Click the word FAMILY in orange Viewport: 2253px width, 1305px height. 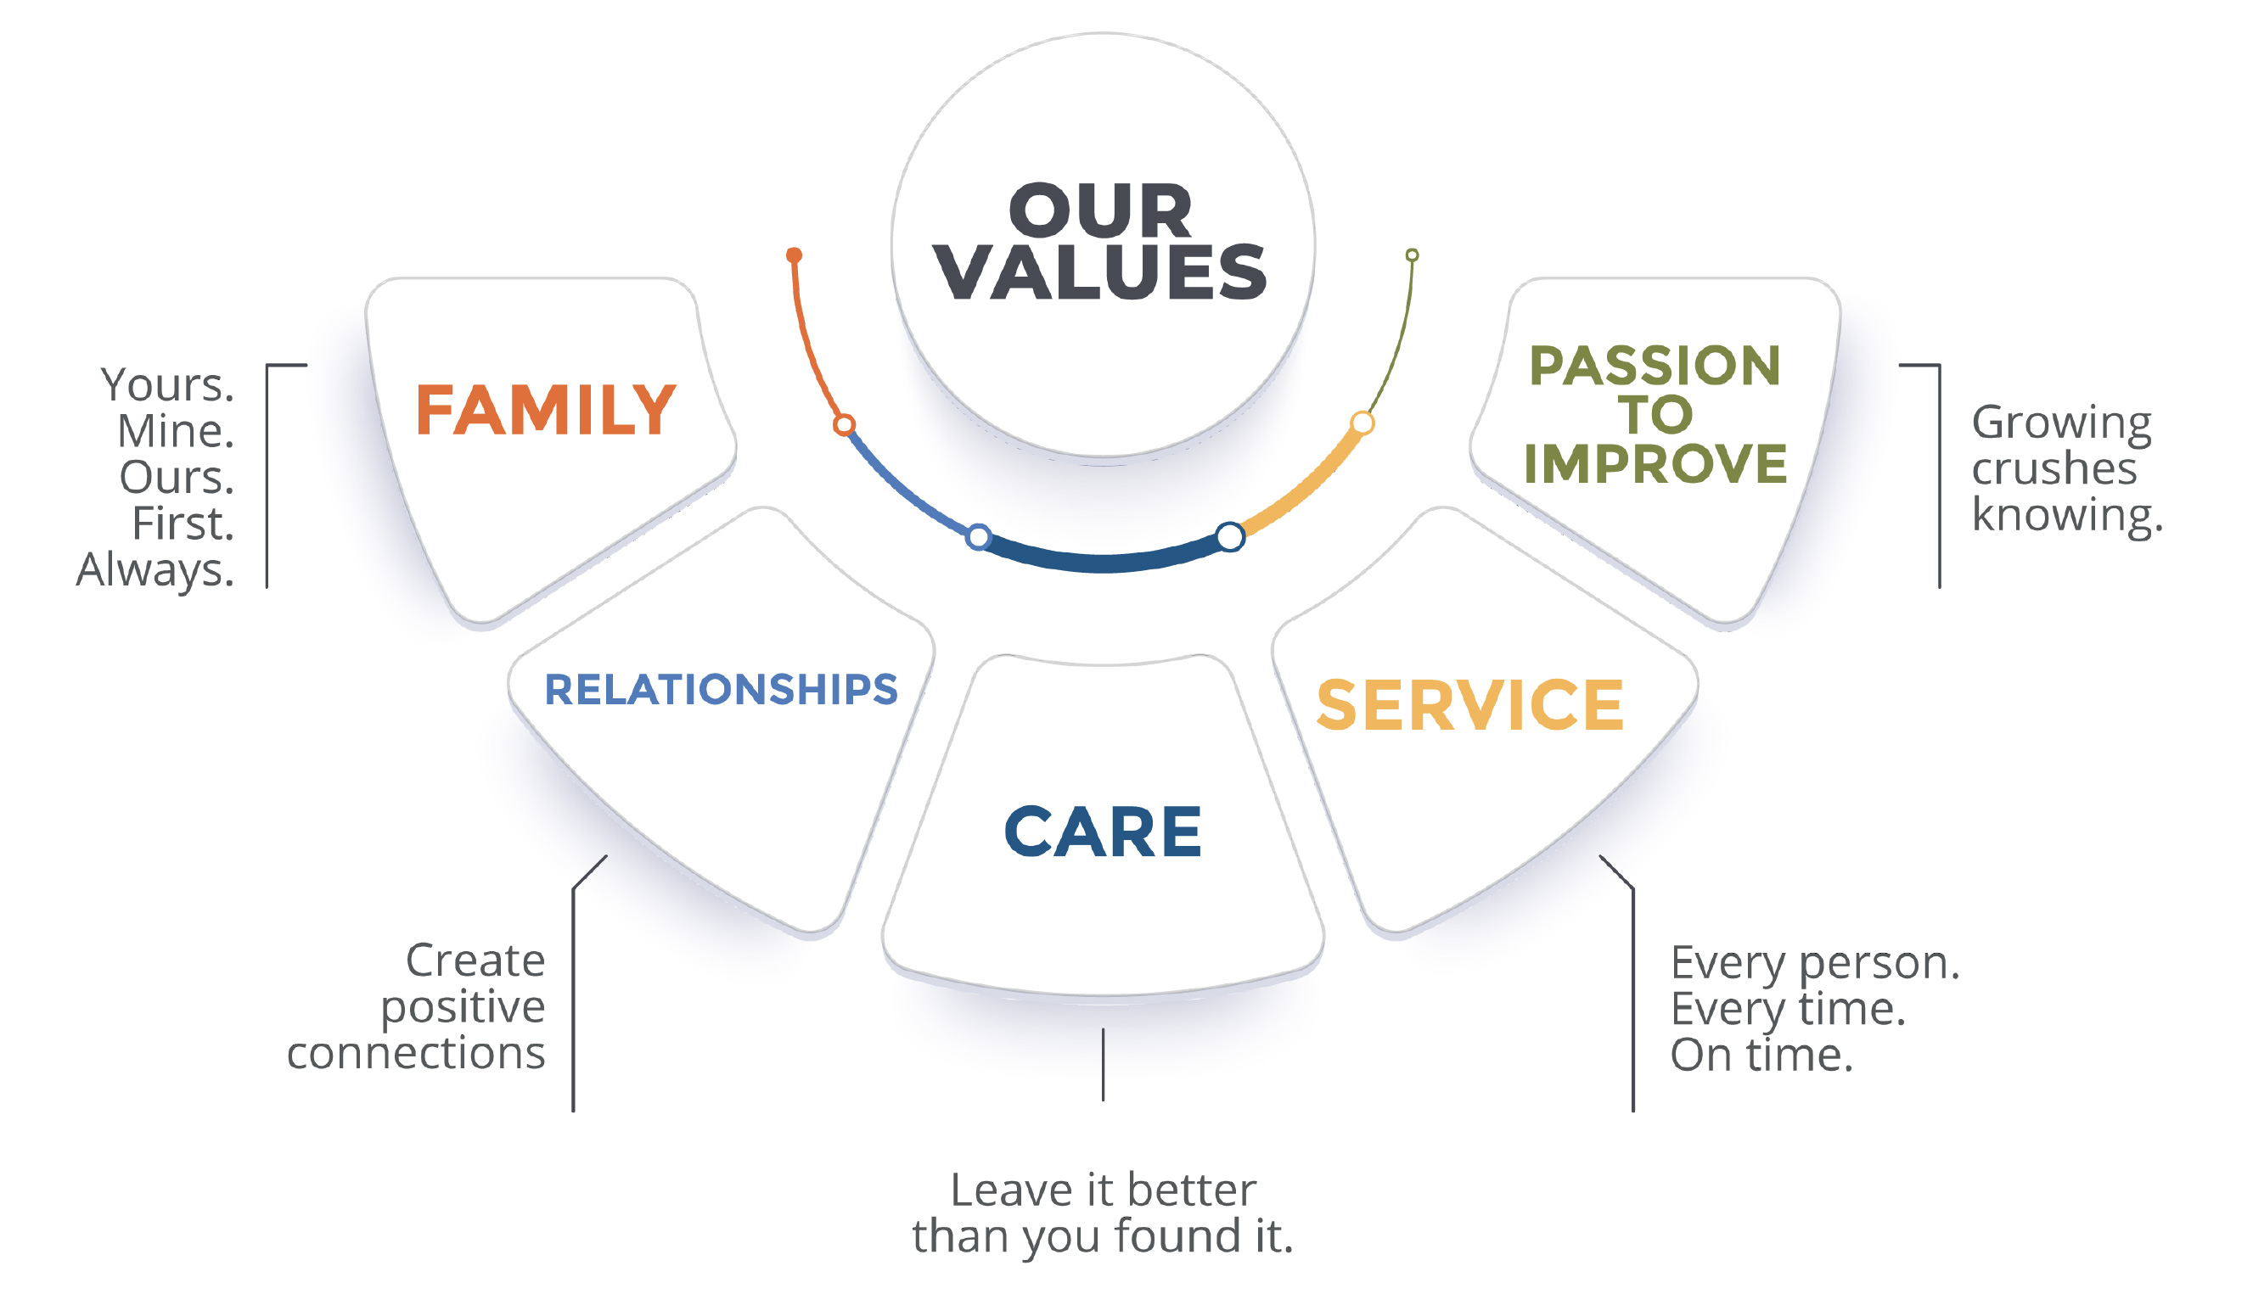(545, 411)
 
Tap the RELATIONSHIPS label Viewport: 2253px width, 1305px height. (721, 690)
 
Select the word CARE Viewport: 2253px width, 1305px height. (1103, 832)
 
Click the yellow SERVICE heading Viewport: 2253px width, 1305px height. (1469, 706)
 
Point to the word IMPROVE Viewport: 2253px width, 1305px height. (1655, 464)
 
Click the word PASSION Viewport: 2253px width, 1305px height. (1655, 366)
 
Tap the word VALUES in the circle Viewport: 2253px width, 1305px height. (1099, 272)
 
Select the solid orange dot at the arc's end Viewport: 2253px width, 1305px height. (794, 255)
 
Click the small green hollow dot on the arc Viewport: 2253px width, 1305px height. (1412, 255)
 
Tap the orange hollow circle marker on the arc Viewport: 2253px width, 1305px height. (844, 424)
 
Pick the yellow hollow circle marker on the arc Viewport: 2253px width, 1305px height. (1362, 423)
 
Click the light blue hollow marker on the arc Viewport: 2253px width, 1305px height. (979, 537)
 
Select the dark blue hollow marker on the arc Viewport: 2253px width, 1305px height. (1230, 536)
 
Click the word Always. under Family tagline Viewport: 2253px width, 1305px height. (155, 570)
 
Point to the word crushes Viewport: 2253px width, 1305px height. (2054, 468)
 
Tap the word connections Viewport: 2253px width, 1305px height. (416, 1053)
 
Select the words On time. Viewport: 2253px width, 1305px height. (1761, 1055)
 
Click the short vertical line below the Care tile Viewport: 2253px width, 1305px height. (1104, 1064)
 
